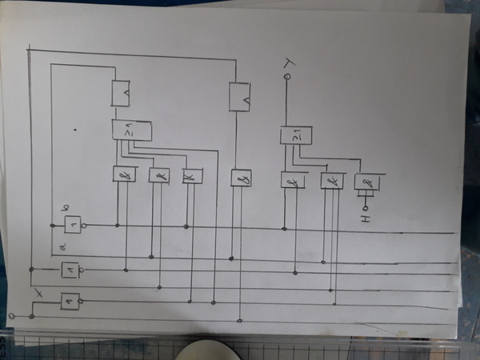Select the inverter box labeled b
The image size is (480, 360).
pyautogui.click(x=73, y=225)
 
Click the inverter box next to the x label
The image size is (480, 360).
pyautogui.click(x=70, y=301)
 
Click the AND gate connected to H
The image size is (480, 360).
pyautogui.click(x=367, y=184)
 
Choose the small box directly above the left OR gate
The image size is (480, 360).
pyautogui.click(x=122, y=94)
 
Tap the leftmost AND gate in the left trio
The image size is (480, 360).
pyautogui.click(x=124, y=174)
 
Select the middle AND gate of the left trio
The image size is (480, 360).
pyautogui.click(x=158, y=174)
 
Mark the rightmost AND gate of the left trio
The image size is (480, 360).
pyautogui.click(x=192, y=174)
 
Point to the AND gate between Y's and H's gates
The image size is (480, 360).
pyautogui.click(x=331, y=181)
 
